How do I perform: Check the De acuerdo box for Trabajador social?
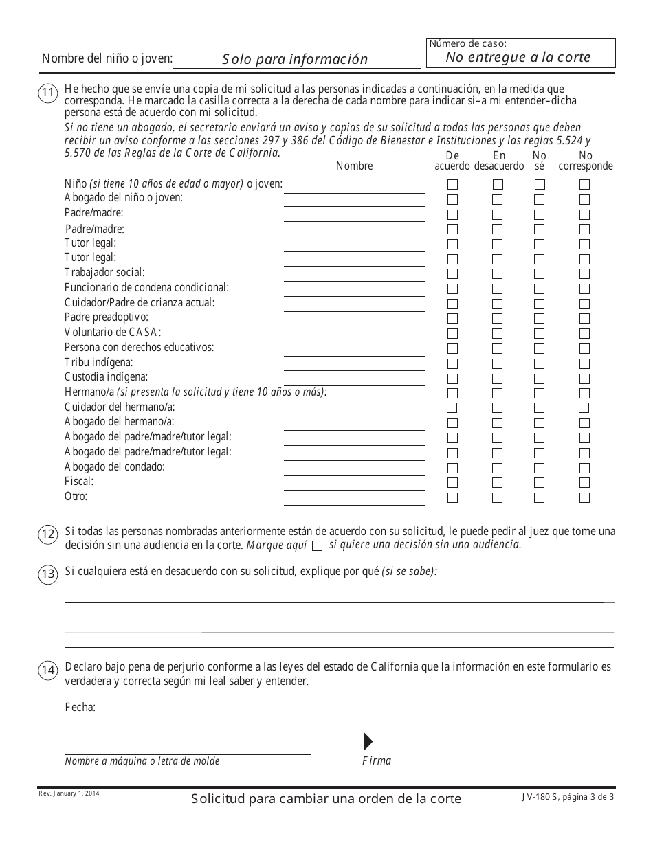453,273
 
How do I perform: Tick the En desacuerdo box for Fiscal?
498,483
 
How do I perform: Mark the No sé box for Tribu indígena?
540,363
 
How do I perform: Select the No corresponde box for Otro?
584,498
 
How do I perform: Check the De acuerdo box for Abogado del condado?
453,468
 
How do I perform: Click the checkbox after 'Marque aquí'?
317,546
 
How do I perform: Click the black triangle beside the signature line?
368,741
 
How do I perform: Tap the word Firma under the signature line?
377,760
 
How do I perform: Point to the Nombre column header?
355,166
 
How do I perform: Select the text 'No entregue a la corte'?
518,57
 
